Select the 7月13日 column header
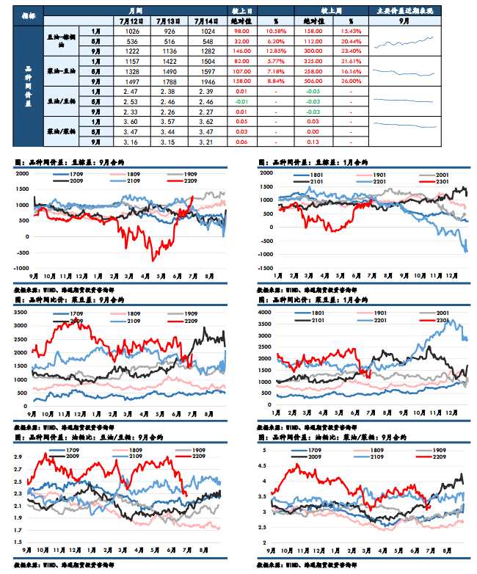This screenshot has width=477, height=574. pos(167,22)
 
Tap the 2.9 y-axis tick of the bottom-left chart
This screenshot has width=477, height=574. pos(22,457)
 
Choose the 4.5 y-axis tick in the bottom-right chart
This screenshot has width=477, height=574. pos(266,464)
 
